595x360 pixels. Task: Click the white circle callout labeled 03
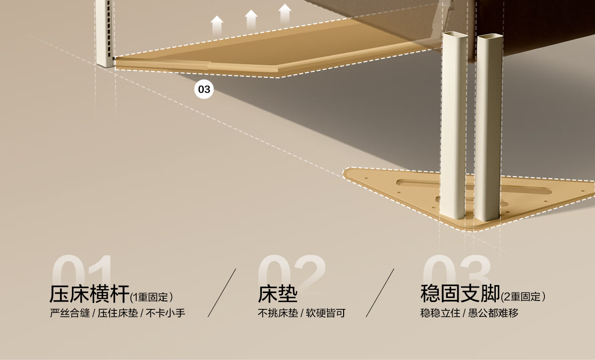pyautogui.click(x=204, y=90)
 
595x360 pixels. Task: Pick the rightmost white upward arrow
pyautogui.click(x=285, y=14)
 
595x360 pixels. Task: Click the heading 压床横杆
pyautogui.click(x=89, y=294)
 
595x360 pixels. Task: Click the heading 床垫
pyautogui.click(x=278, y=294)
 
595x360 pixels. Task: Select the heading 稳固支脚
pyautogui.click(x=460, y=294)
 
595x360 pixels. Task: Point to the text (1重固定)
pyautogui.click(x=152, y=298)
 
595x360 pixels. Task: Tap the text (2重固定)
pyautogui.click(x=524, y=297)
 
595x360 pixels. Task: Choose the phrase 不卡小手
pyautogui.click(x=166, y=313)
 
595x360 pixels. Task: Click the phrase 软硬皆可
pyautogui.click(x=325, y=313)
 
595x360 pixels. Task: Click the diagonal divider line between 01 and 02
pyautogui.click(x=222, y=293)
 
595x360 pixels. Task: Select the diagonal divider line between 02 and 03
pyautogui.click(x=380, y=293)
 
